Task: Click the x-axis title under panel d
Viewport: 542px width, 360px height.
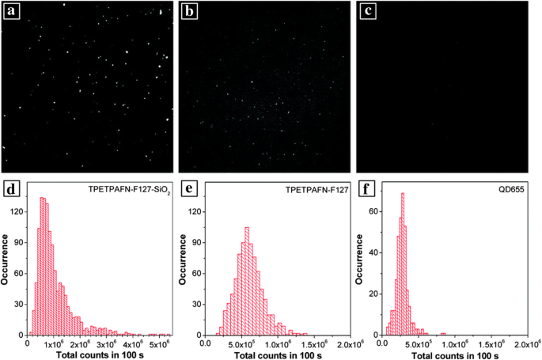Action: (99, 354)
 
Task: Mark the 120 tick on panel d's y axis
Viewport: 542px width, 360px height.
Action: (18, 212)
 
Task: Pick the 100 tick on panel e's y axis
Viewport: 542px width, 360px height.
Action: (197, 230)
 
